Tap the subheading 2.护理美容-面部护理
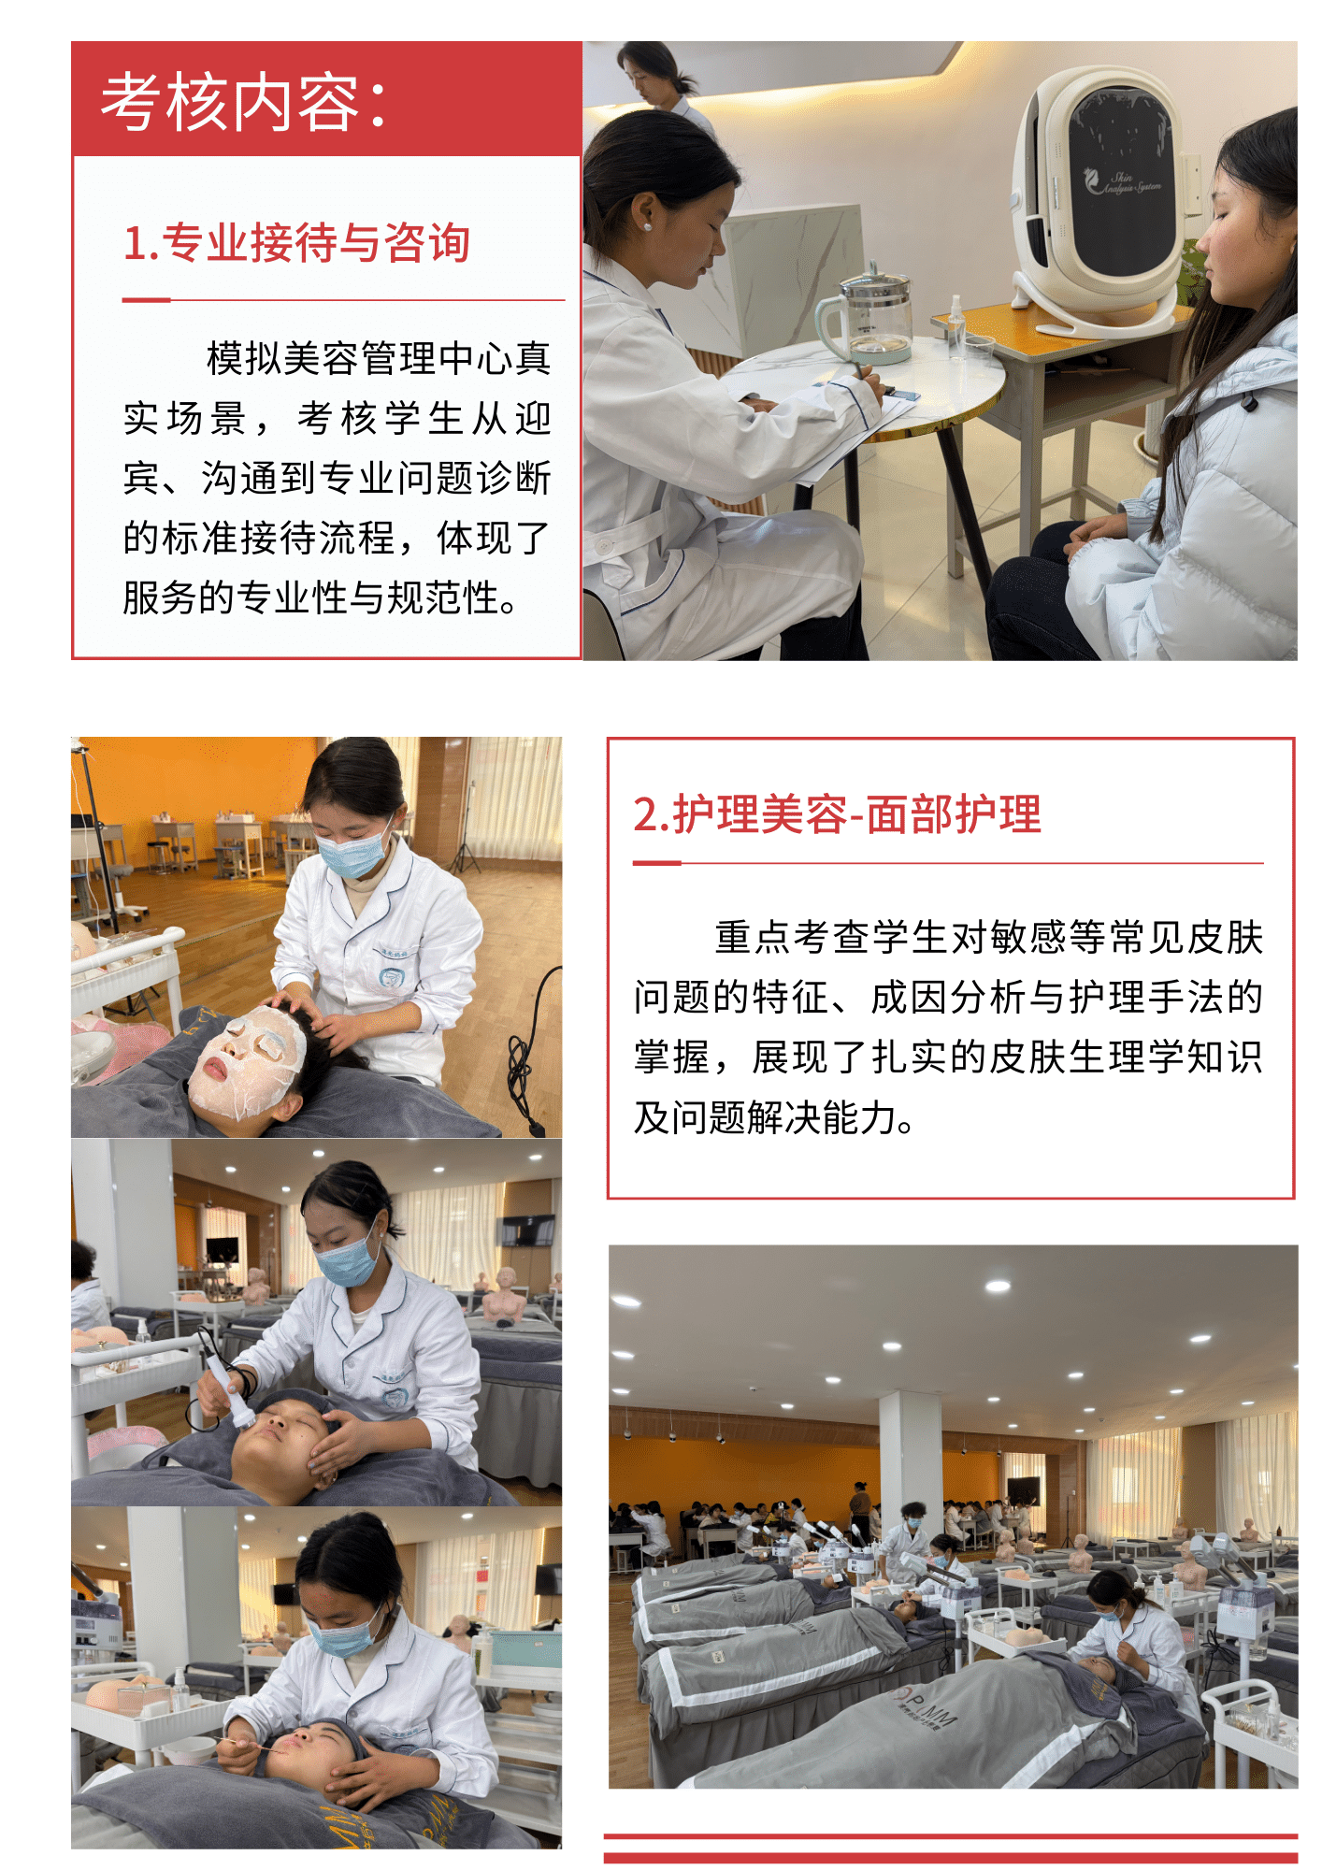838,813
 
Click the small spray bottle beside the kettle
955,326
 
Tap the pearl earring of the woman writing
646,226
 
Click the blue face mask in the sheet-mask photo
352,852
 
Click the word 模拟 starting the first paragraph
244,358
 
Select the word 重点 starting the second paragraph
753,937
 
